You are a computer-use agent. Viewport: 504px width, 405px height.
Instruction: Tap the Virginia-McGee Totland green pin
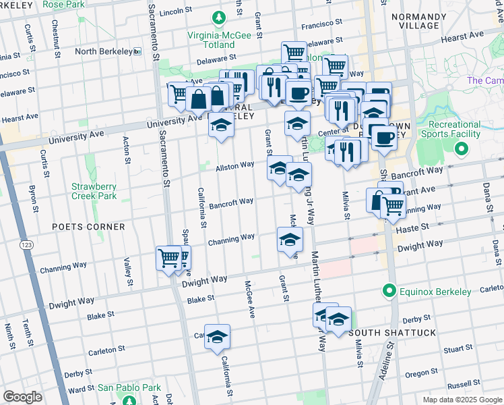(218, 17)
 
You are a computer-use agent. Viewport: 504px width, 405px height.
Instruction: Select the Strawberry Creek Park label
(94, 191)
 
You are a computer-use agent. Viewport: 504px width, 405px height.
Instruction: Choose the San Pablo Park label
(129, 387)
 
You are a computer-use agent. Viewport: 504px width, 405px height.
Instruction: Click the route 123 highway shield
(26, 244)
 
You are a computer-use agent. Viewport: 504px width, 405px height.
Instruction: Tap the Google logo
(23, 397)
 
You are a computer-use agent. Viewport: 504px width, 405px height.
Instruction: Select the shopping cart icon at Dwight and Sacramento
(168, 257)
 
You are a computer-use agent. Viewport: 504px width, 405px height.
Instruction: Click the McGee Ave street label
(249, 299)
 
